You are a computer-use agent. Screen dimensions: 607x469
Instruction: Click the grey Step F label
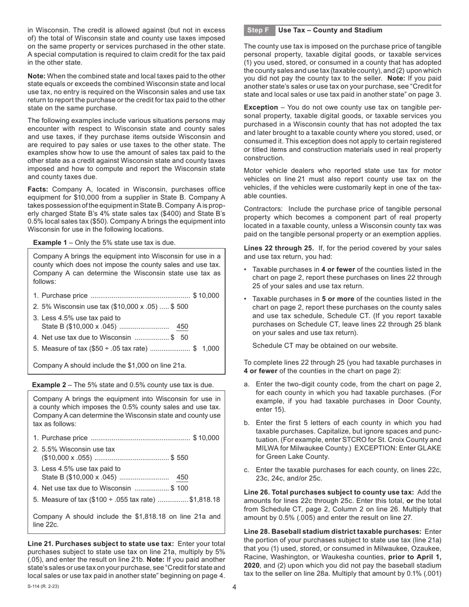[x=258, y=30]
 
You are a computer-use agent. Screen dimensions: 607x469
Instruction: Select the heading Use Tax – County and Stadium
[x=330, y=30]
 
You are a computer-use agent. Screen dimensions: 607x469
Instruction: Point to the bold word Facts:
[x=38, y=190]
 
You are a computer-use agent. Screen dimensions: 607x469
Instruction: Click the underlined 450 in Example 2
[x=182, y=477]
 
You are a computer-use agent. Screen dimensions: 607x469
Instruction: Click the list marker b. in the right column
[x=247, y=423]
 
